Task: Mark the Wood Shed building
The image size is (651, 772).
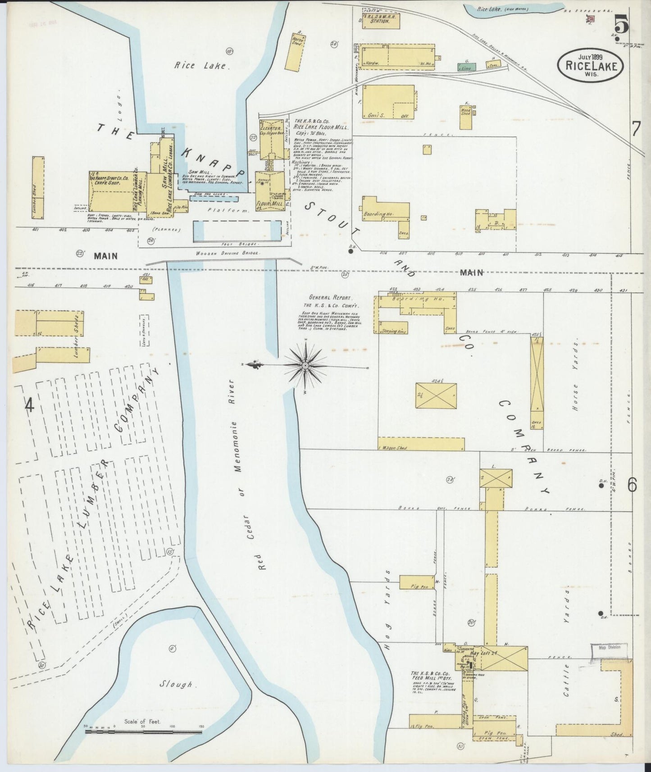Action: click(465, 112)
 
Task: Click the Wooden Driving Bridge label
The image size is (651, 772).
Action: click(228, 254)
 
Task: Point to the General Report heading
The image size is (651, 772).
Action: click(327, 298)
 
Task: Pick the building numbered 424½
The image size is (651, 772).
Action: click(436, 396)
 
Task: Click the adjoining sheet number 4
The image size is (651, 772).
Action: click(29, 406)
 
